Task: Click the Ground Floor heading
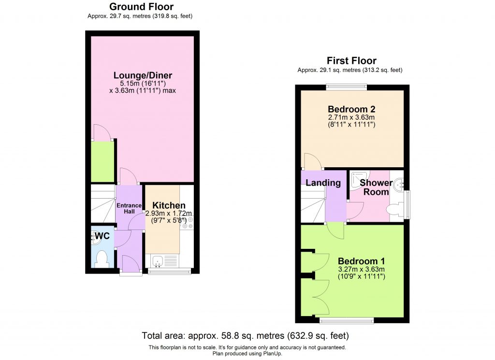click(141, 7)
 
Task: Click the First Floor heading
click(351, 60)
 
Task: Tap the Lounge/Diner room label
click(143, 75)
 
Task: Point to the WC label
click(102, 236)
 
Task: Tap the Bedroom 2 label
click(351, 109)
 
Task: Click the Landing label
click(323, 183)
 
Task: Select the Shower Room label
click(376, 187)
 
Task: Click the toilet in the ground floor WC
click(102, 259)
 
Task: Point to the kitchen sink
click(158, 261)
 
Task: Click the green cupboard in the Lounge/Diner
click(102, 160)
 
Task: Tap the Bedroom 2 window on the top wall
click(346, 87)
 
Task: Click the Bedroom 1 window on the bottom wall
click(346, 320)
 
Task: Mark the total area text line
click(245, 335)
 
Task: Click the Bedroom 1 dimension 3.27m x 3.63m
click(362, 269)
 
